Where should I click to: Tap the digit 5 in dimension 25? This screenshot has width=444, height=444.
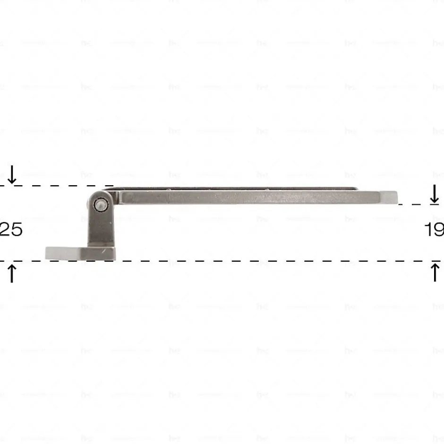tap(15, 230)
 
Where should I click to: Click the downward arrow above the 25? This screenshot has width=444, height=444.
tap(12, 174)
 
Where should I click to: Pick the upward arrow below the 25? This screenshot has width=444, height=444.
tap(12, 273)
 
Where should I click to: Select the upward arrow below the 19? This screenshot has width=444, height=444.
tap(435, 273)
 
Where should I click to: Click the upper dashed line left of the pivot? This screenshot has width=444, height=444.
tap(57, 186)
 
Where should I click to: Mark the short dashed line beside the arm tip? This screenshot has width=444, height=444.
tap(411, 205)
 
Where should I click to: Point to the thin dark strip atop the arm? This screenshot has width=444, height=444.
tap(236, 188)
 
